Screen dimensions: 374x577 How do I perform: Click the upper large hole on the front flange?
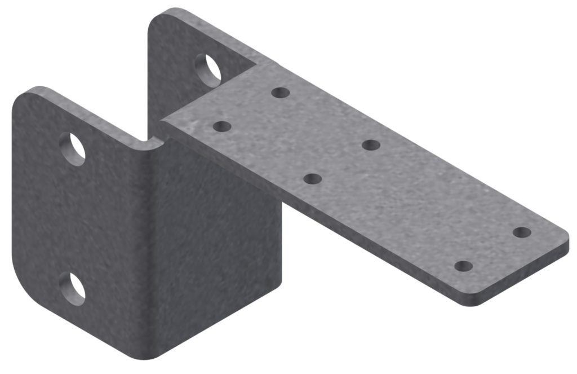(x=72, y=149)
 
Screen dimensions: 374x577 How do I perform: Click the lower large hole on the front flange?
(x=73, y=288)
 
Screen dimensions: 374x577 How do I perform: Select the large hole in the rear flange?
(x=208, y=69)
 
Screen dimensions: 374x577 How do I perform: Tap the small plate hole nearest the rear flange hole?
(x=280, y=92)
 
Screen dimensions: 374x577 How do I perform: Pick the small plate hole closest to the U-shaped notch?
(x=222, y=126)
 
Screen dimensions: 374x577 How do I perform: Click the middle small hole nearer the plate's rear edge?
(x=371, y=145)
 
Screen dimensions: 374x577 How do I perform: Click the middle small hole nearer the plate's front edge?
(x=312, y=179)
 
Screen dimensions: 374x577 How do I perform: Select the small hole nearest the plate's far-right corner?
(x=522, y=232)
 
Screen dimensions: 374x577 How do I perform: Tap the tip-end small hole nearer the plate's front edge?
(x=463, y=266)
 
